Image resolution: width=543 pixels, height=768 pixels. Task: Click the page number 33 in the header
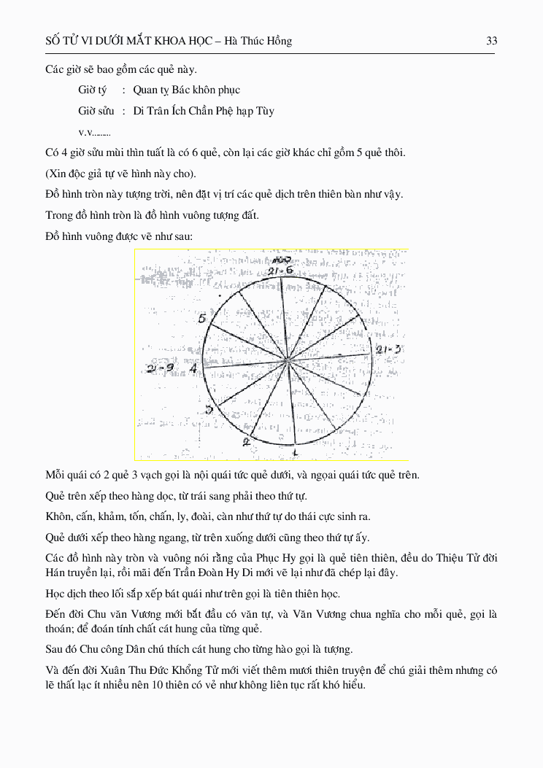pyautogui.click(x=492, y=41)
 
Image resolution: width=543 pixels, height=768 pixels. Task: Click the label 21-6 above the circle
pyautogui.click(x=280, y=271)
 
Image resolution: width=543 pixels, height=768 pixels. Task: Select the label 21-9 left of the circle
pyautogui.click(x=161, y=368)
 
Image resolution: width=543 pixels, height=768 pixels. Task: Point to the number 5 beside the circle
pyautogui.click(x=202, y=319)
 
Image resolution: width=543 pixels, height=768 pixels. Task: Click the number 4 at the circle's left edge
pyautogui.click(x=193, y=368)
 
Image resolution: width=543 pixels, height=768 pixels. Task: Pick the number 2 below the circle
pyautogui.click(x=246, y=441)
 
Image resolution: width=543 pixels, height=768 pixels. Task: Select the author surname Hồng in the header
pyautogui.click(x=278, y=41)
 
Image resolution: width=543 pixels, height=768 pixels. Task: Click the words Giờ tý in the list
pyautogui.click(x=93, y=90)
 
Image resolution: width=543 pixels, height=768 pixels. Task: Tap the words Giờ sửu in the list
pyautogui.click(x=96, y=112)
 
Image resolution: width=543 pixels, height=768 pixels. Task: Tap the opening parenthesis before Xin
pyautogui.click(x=47, y=174)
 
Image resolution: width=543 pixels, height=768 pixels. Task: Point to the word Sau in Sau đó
pyautogui.click(x=54, y=649)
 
